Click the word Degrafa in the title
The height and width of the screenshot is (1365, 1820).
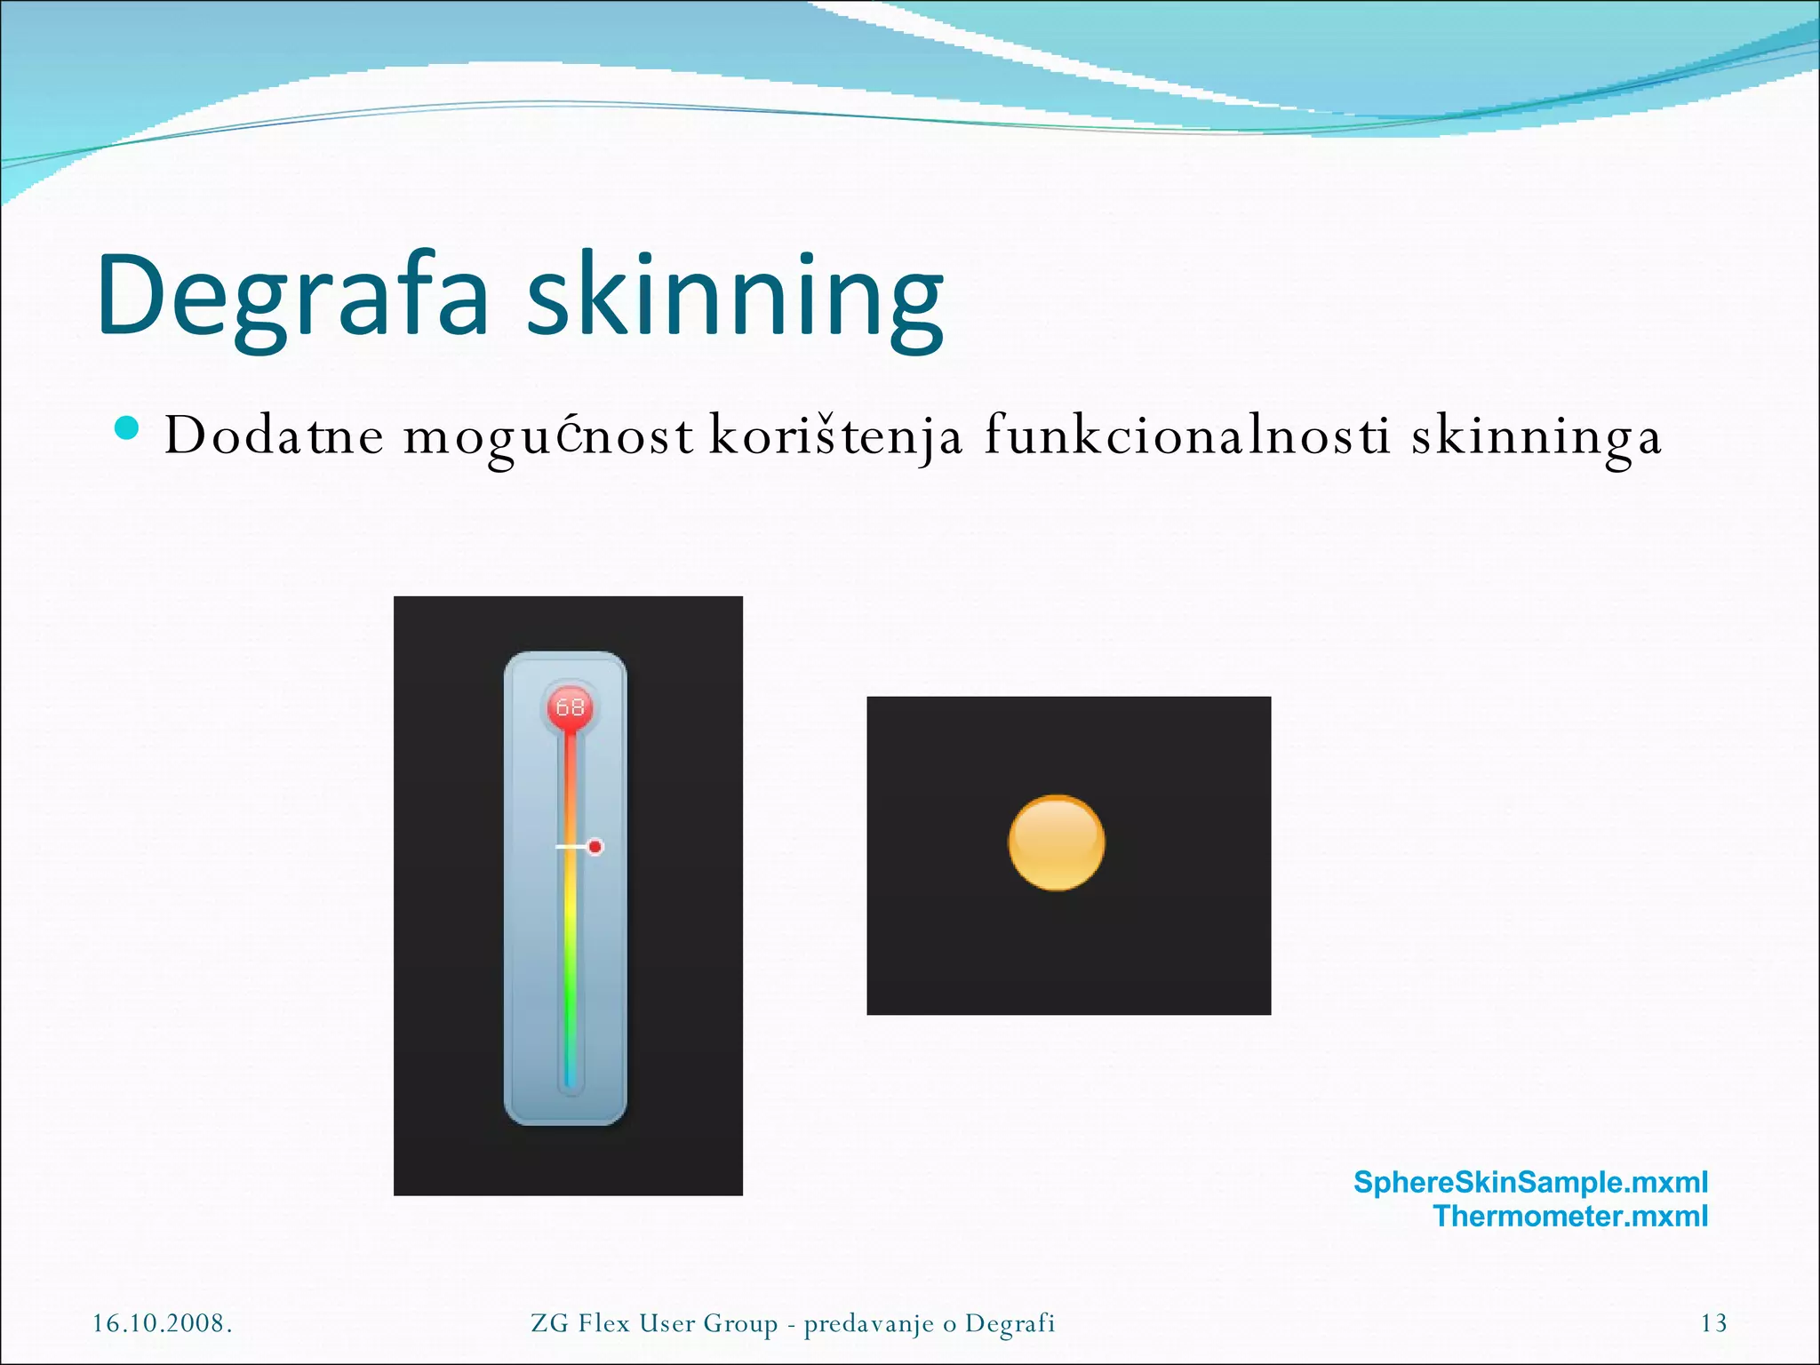293,296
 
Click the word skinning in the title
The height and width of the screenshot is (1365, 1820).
736,296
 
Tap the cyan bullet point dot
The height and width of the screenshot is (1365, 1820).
127,428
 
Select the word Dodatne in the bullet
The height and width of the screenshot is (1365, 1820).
274,436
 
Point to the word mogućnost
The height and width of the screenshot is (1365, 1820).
548,436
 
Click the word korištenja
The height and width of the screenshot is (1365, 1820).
835,436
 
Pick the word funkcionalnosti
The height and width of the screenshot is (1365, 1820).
1187,436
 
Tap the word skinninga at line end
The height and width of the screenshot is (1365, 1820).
1537,436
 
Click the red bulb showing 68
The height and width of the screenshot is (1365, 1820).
570,707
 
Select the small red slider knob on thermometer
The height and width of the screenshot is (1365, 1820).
595,847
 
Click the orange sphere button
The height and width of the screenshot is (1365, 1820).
1057,842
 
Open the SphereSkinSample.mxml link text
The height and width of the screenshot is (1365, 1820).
1530,1182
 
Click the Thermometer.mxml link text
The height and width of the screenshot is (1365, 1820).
1570,1216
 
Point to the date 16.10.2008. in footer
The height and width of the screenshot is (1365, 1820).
163,1323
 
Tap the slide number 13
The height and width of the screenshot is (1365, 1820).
1713,1323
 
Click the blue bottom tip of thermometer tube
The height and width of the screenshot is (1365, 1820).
570,1082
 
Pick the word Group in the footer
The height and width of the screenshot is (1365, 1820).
740,1323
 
